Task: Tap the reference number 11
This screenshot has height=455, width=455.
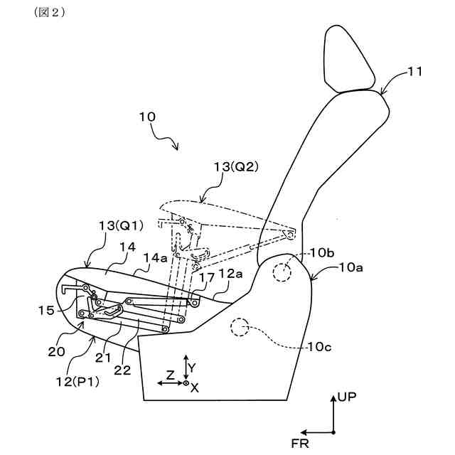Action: coord(416,72)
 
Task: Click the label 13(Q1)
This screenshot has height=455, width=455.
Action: coord(120,225)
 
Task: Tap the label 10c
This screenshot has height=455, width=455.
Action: coord(321,346)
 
